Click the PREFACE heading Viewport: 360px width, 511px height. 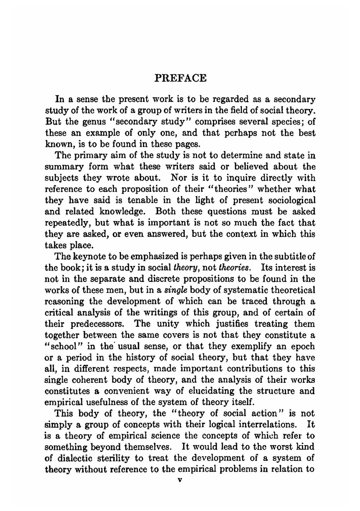click(180, 78)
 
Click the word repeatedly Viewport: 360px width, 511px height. click(67, 223)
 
